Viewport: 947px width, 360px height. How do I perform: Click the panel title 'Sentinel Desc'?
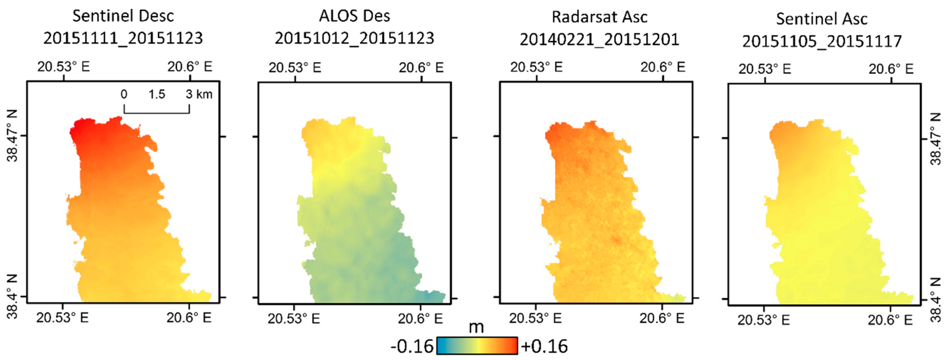pyautogui.click(x=123, y=16)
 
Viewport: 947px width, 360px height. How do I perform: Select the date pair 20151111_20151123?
pyautogui.click(x=123, y=38)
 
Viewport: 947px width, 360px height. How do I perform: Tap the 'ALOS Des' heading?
pyautogui.click(x=354, y=16)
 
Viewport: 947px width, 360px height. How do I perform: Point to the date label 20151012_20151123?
pyautogui.click(x=354, y=38)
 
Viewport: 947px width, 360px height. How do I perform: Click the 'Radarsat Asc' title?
pyautogui.click(x=600, y=17)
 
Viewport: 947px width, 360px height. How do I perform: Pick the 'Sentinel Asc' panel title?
pyautogui.click(x=822, y=19)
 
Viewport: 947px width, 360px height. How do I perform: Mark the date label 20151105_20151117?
pyautogui.click(x=822, y=41)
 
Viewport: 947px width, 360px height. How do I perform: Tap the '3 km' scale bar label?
pyautogui.click(x=199, y=94)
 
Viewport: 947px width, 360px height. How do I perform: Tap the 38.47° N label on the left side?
pyautogui.click(x=12, y=136)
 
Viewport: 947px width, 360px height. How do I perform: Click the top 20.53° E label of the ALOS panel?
pyautogui.click(x=295, y=68)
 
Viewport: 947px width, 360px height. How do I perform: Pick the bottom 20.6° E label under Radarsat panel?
pyautogui.click(x=662, y=318)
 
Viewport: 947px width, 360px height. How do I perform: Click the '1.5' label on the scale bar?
pyautogui.click(x=157, y=94)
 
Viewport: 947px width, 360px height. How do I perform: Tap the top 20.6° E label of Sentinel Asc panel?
pyautogui.click(x=891, y=69)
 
